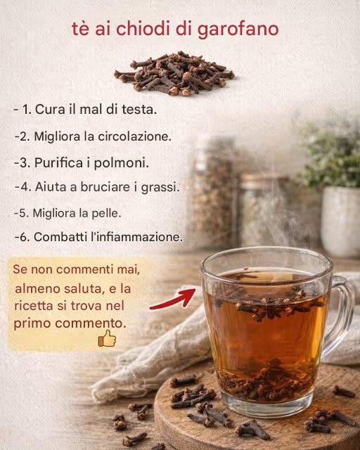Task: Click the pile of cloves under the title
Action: point(174,73)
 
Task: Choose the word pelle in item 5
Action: point(106,212)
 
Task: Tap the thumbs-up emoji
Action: point(106,340)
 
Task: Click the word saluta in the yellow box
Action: point(79,288)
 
